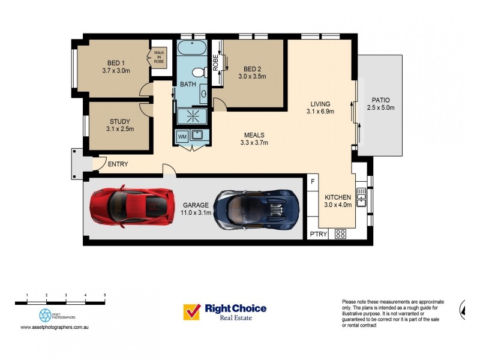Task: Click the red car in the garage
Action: point(132,206)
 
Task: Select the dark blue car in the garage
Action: point(257,210)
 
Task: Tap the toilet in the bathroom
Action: point(199,73)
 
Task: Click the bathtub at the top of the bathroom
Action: point(192,47)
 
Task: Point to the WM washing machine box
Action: point(182,137)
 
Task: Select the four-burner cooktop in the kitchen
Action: point(340,234)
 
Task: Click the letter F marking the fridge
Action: point(313,182)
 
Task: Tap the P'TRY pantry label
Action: point(319,234)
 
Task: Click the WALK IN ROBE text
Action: point(159,57)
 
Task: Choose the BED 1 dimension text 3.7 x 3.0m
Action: point(116,71)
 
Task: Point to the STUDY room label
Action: point(120,122)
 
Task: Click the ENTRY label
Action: point(118,164)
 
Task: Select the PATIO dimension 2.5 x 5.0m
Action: point(381,108)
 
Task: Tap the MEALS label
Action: point(254,135)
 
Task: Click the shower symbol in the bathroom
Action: point(193,116)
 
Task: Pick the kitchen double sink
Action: point(361,197)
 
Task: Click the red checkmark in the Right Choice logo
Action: point(192,311)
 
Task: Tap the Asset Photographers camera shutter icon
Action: point(46,316)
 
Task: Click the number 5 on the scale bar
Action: point(104,295)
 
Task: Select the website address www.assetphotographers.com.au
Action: point(55,327)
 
